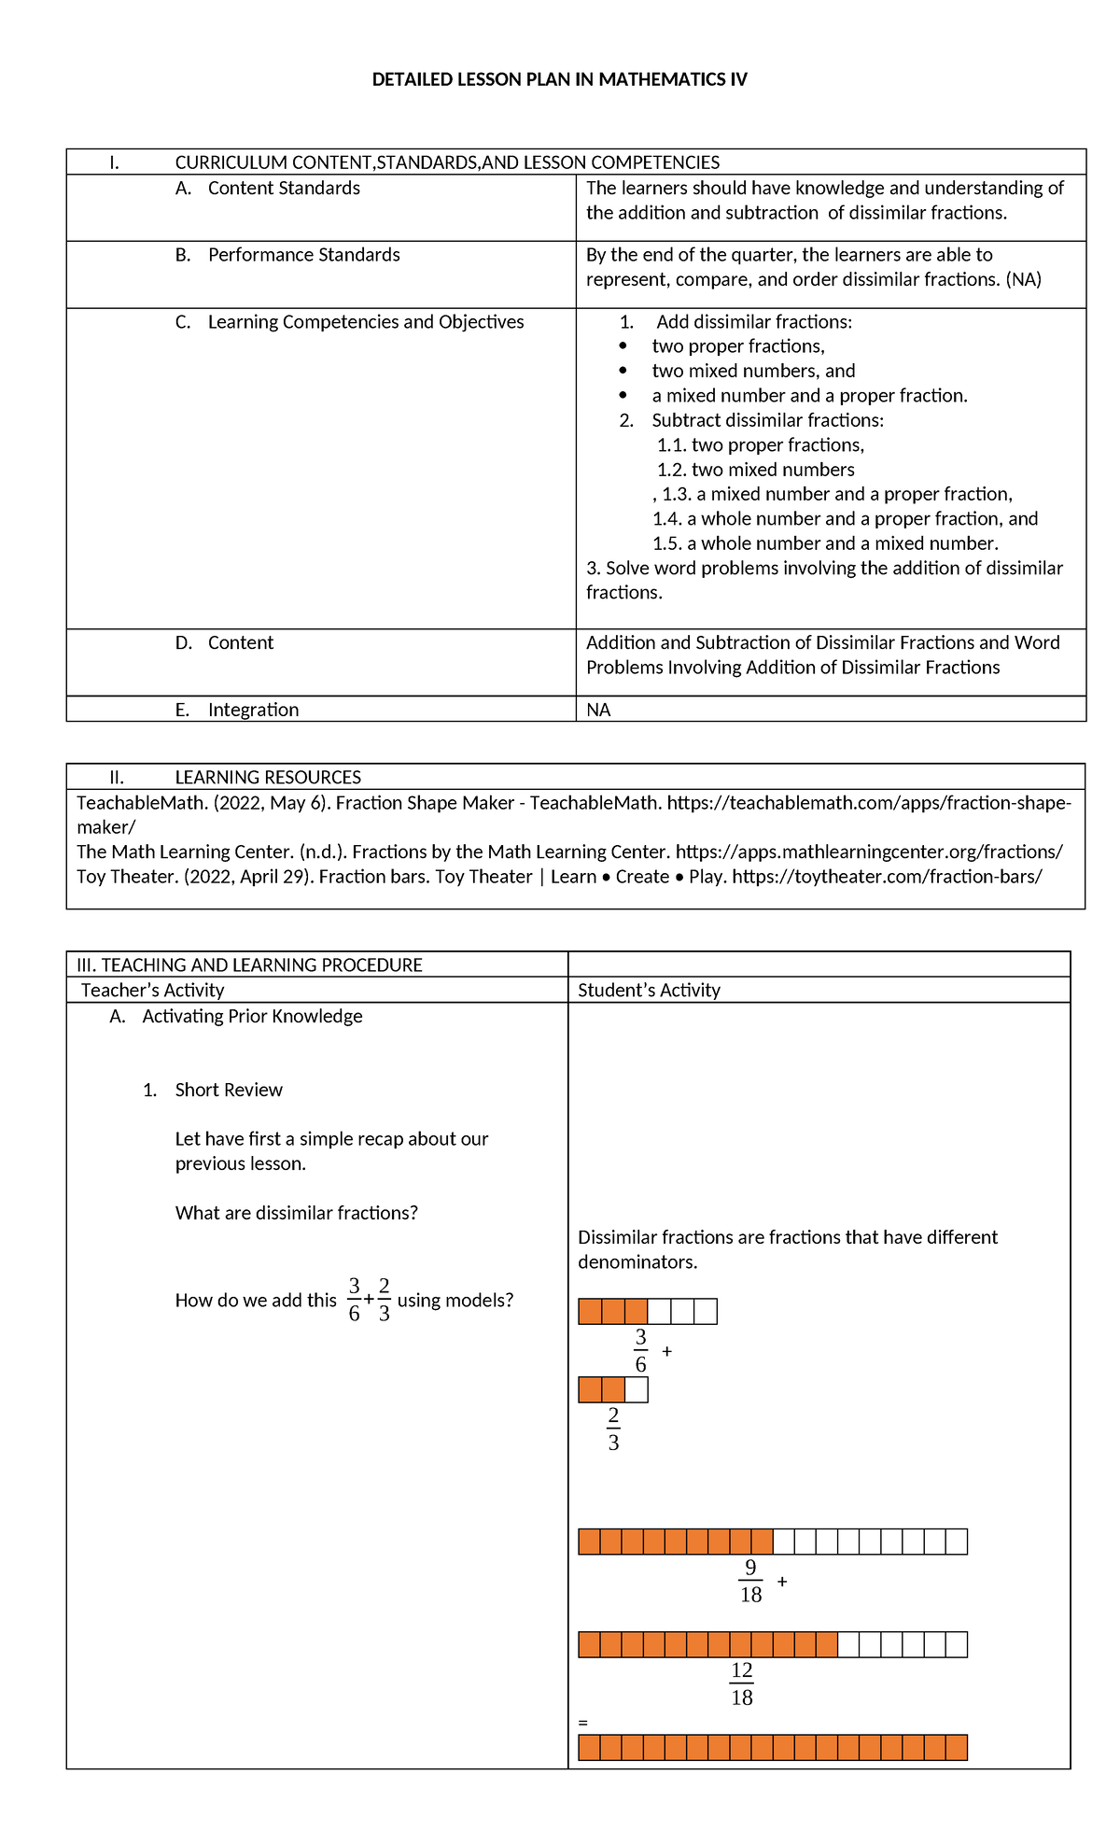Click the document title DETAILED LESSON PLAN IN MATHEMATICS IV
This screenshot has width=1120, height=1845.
559,79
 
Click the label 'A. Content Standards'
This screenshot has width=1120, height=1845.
268,188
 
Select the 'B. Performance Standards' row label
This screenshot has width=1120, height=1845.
287,255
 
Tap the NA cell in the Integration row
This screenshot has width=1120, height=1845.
598,710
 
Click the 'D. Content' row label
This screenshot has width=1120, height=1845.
224,642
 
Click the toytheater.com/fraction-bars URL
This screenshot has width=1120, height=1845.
887,876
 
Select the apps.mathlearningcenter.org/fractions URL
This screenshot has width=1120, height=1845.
868,852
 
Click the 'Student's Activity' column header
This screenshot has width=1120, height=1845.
649,990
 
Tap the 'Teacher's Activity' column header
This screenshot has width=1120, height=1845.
152,990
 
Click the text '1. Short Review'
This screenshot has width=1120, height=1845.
213,1090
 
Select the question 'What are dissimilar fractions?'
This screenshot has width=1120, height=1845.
296,1213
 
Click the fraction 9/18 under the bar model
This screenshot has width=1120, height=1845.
750,1581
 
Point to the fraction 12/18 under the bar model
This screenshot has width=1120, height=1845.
742,1683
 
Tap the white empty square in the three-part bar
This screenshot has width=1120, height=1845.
637,1389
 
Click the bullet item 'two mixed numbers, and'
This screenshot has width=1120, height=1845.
753,371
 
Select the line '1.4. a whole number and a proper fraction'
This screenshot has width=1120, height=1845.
845,518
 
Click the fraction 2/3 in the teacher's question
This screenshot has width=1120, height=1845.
385,1300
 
